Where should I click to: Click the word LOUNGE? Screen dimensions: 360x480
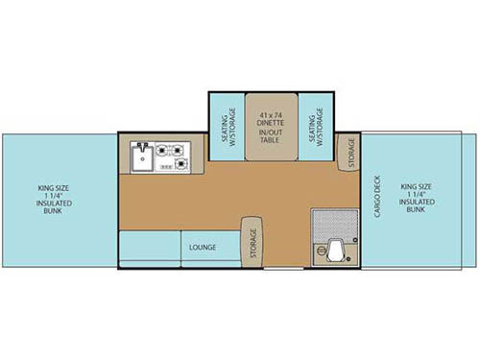coord(203,248)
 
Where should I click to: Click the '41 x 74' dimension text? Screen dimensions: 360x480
coord(270,115)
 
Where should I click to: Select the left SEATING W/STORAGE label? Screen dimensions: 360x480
coord(226,125)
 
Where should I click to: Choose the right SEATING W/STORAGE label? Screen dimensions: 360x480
coord(315,125)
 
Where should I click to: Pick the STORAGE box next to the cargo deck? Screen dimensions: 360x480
coord(349,152)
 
